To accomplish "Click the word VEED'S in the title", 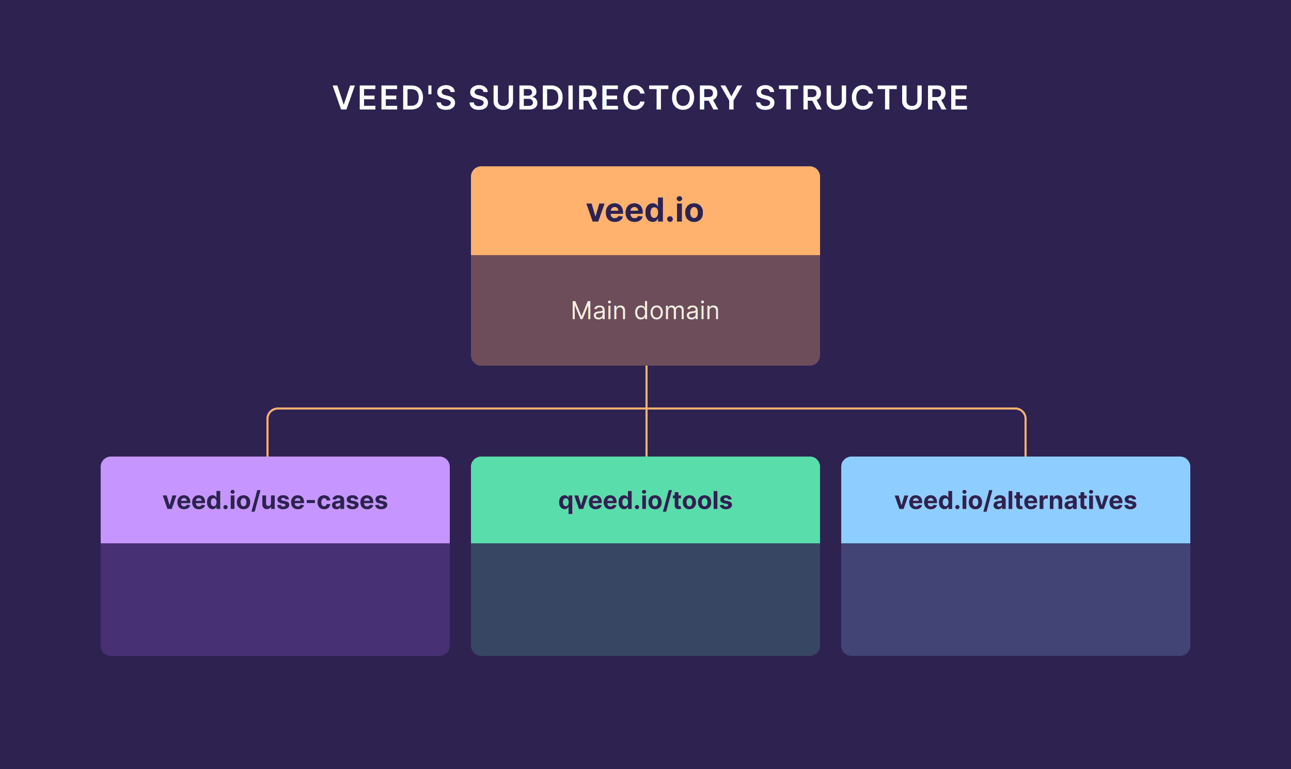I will pyautogui.click(x=394, y=98).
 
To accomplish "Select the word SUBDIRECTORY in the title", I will pyautogui.click(x=606, y=98).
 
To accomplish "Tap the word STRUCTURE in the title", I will pyautogui.click(x=861, y=98).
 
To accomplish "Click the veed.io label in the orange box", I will pyautogui.click(x=645, y=210).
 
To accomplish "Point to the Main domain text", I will pyautogui.click(x=645, y=311).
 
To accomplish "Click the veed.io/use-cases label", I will pyautogui.click(x=275, y=500).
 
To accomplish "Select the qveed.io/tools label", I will pyautogui.click(x=645, y=500).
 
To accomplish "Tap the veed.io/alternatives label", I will pyautogui.click(x=1015, y=500).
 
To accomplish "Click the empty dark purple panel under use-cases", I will pyautogui.click(x=275, y=599).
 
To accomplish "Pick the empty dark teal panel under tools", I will pyautogui.click(x=645, y=599).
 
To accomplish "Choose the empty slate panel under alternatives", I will pyautogui.click(x=1015, y=599).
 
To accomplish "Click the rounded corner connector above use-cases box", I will pyautogui.click(x=270, y=412).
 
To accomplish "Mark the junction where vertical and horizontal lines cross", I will pyautogui.click(x=647, y=409).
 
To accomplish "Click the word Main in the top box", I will pyautogui.click(x=599, y=311).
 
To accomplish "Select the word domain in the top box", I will pyautogui.click(x=676, y=311).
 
